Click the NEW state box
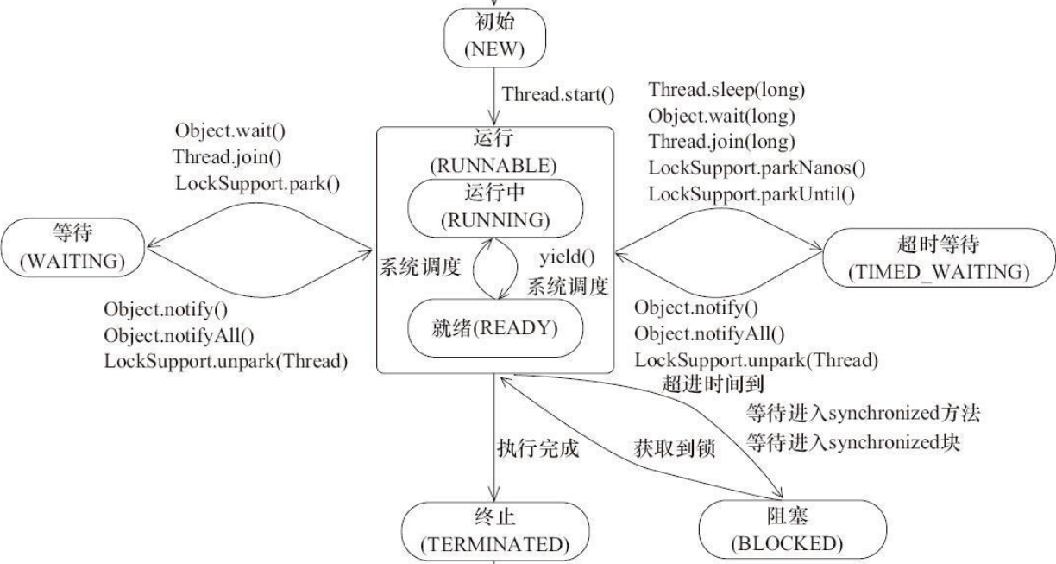pyautogui.click(x=493, y=40)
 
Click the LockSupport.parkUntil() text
pyautogui.click(x=751, y=194)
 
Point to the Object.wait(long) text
pyautogui.click(x=721, y=115)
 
